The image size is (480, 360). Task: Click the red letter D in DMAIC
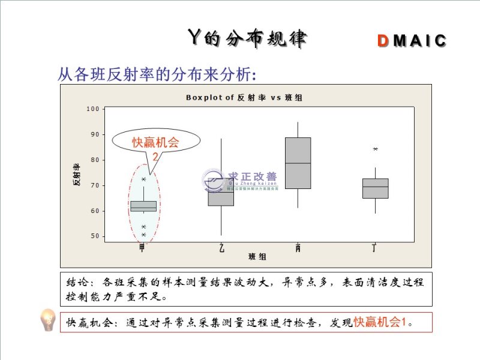[x=383, y=41]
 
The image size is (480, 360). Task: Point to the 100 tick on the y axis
[x=92, y=109]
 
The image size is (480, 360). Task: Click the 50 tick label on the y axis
[x=94, y=236]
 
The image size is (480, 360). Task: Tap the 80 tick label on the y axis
[x=94, y=160]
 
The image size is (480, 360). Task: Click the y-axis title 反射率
[x=77, y=174]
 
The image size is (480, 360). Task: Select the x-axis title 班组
[x=258, y=257]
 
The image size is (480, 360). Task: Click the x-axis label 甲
[x=142, y=247]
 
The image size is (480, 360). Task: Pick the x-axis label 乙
[x=221, y=247]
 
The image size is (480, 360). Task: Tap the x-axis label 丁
[x=374, y=247]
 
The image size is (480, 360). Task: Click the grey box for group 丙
[x=298, y=163]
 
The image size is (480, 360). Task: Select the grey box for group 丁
[x=376, y=188]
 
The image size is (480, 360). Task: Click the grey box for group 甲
[x=143, y=206]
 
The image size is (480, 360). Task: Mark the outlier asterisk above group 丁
[x=376, y=149]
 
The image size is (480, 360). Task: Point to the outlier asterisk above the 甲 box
[x=143, y=179]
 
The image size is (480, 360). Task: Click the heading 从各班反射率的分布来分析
[x=157, y=74]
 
